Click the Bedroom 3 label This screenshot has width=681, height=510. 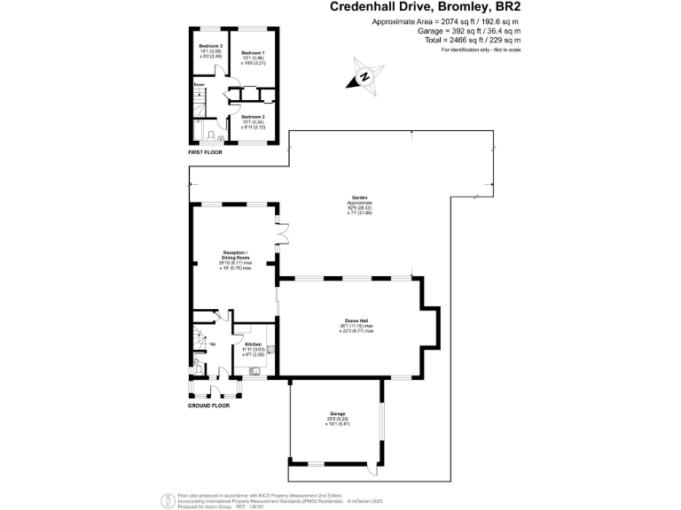(209, 45)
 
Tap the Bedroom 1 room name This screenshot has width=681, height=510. (252, 54)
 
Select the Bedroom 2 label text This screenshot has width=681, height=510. (252, 117)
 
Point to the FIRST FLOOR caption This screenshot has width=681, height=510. (205, 152)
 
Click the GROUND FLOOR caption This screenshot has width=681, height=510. (208, 406)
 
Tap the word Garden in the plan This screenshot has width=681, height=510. (358, 197)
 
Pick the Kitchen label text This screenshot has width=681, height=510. (253, 344)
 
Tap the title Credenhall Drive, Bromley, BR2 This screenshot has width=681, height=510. (425, 7)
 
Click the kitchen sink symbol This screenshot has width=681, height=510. (254, 372)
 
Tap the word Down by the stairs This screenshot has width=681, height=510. (199, 85)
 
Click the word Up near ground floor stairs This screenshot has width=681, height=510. (212, 344)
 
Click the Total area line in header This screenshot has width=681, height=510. (484, 40)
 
